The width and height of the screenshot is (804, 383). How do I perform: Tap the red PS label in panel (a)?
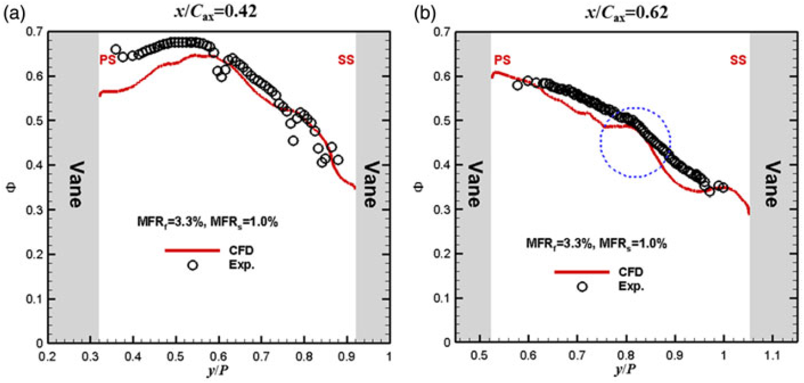tap(106, 60)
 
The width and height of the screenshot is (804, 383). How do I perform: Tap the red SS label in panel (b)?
tap(737, 60)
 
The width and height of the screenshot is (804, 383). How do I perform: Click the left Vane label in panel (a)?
tap(74, 185)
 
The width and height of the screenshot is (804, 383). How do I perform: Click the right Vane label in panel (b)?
tap(773, 185)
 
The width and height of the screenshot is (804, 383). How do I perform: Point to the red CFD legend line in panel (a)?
tap(192, 250)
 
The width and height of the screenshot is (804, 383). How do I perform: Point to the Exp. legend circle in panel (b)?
tap(582, 286)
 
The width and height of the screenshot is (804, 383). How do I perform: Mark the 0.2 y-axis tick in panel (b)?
tap(427, 254)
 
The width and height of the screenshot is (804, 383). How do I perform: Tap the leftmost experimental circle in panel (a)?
tap(116, 49)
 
